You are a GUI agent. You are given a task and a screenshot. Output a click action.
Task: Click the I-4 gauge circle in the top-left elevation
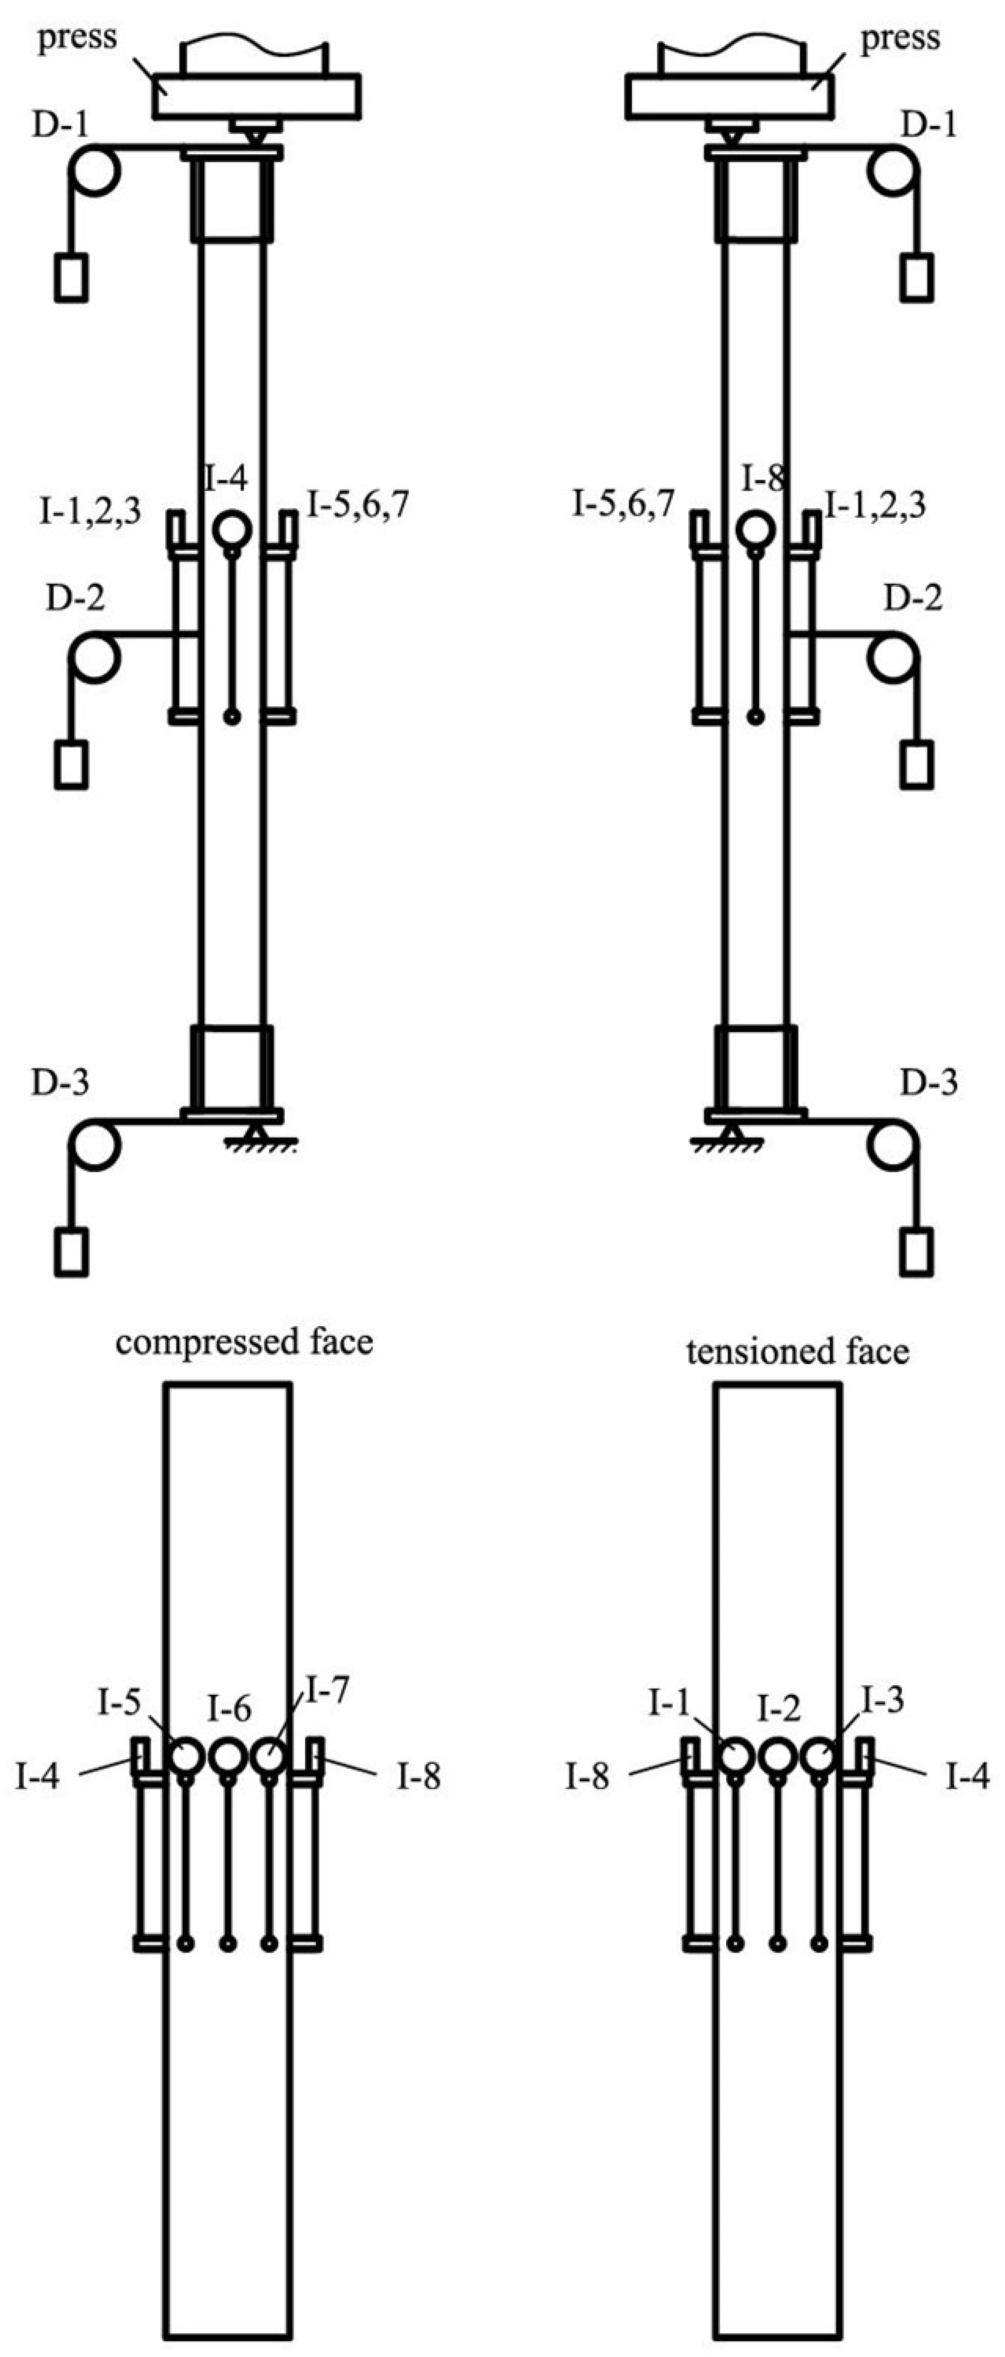[231, 529]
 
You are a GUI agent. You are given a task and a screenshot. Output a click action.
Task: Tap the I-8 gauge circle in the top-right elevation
[756, 529]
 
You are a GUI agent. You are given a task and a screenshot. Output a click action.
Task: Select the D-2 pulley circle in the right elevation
[892, 658]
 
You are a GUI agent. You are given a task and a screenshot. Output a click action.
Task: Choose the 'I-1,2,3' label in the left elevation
[90, 511]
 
